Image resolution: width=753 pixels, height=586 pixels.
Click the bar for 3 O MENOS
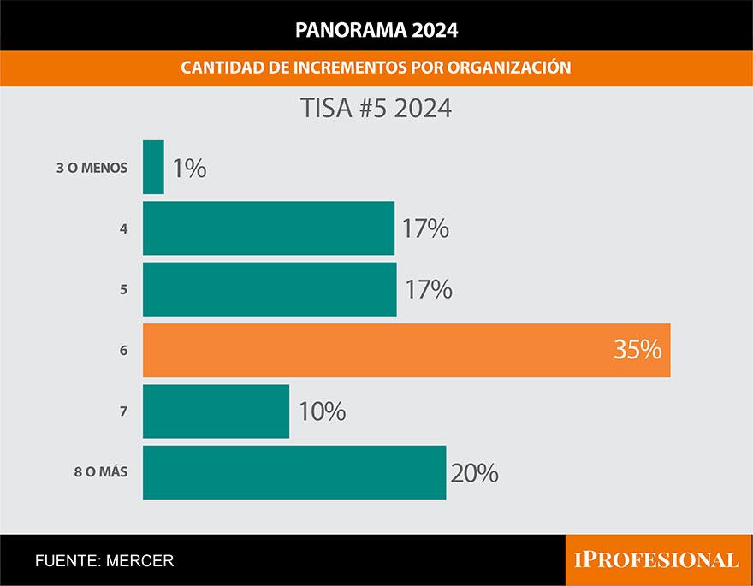153,168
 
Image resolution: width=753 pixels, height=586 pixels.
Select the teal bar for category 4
269,228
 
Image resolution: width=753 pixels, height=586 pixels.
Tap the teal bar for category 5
270,289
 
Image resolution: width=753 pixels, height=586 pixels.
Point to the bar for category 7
216,411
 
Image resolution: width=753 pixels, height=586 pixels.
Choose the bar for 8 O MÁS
294,472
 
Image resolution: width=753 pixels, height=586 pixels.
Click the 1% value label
188,169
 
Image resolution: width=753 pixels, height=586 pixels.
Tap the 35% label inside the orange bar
637,350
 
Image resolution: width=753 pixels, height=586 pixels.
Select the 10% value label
322,411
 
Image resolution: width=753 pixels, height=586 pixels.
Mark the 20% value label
474,473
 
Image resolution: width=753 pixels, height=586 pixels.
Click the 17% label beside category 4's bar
425,229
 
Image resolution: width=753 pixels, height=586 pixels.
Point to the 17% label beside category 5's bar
428,290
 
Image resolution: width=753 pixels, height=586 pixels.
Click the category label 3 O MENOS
92,169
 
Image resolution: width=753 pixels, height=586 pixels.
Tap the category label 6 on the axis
124,351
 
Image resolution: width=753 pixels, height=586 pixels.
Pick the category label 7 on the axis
124,411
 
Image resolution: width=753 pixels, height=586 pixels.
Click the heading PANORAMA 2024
376,30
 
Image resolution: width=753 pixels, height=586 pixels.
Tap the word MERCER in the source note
140,561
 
